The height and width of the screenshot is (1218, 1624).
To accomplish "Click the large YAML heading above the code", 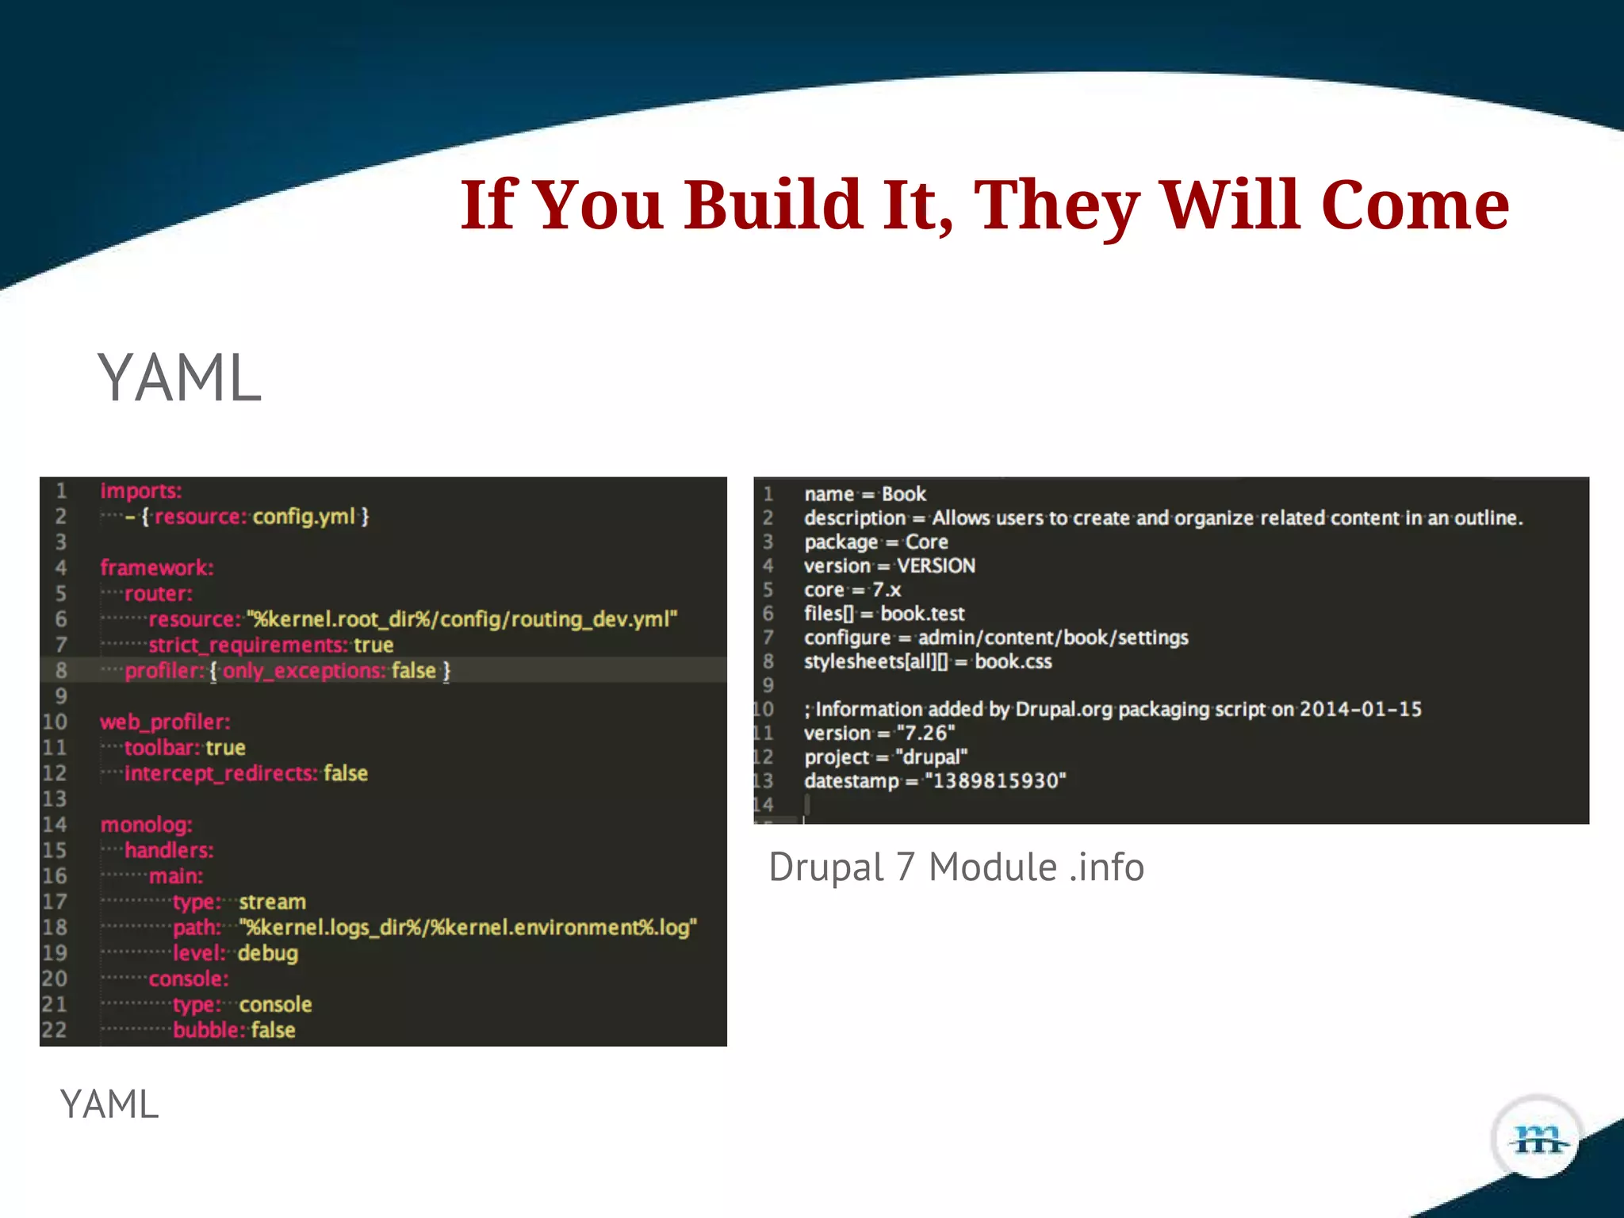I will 179,378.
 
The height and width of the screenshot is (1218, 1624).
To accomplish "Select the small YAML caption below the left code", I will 109,1105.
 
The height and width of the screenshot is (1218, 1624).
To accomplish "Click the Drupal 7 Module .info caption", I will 956,867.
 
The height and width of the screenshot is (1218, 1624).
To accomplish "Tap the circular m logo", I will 1538,1139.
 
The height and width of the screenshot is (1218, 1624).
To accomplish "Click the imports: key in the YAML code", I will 141,491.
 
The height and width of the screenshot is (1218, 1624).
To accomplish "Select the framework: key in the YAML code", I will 157,568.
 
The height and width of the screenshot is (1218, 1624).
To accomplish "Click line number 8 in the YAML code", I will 61,671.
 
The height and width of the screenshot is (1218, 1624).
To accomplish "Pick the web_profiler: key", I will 165,722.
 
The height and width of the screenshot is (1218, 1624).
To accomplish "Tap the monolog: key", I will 147,825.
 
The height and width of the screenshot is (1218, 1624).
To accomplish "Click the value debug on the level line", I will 268,953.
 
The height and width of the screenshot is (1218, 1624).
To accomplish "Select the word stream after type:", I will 272,902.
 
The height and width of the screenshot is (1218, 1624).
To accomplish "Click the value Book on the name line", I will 904,494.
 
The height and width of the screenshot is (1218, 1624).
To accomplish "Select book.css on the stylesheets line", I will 1013,661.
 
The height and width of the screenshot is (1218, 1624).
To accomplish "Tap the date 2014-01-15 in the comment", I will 1360,709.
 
